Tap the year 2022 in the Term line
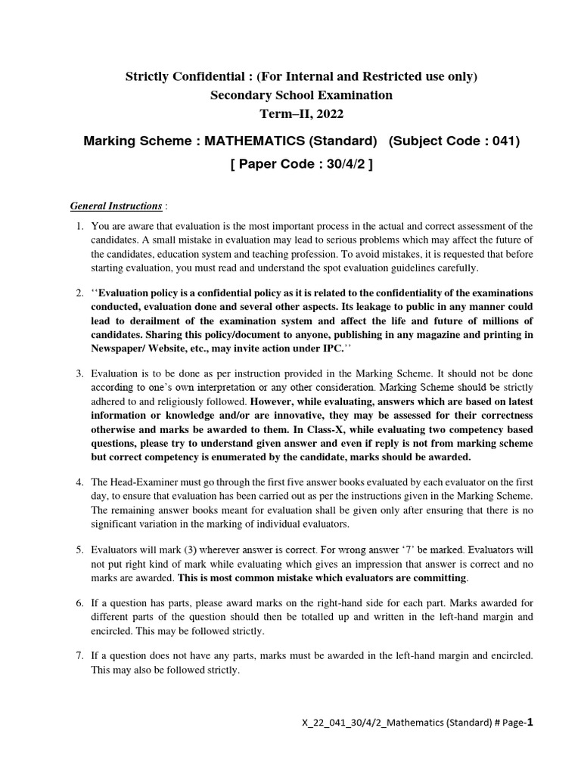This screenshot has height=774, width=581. pos(328,114)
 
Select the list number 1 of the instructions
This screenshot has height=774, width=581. pos(80,226)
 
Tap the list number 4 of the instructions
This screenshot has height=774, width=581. pos(80,481)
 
